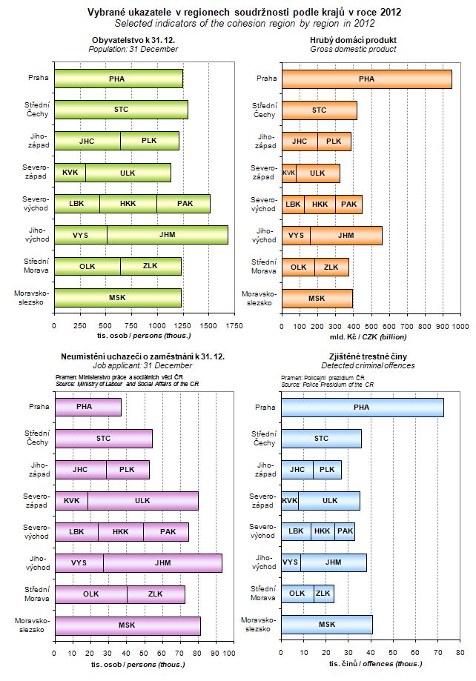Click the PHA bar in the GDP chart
[x=366, y=79]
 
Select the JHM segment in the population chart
[x=167, y=235]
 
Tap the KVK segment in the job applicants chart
[x=71, y=500]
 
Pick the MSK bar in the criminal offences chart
[x=327, y=625]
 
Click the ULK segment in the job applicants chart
[x=142, y=500]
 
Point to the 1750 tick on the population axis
[x=233, y=325]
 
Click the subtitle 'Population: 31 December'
[x=133, y=49]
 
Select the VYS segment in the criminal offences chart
[x=291, y=562]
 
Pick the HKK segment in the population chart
[x=128, y=204]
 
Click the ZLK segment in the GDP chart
[x=331, y=267]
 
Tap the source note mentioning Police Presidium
[x=327, y=385]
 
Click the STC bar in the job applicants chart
[x=103, y=438]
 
